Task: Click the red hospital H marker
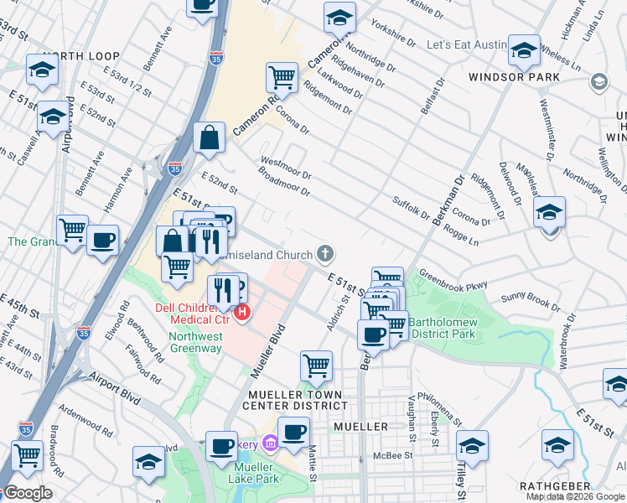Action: click(x=243, y=314)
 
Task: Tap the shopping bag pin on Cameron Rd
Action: click(x=209, y=137)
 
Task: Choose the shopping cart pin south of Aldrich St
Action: click(x=316, y=366)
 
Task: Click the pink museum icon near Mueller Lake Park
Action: click(x=270, y=443)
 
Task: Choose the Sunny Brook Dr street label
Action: click(x=530, y=300)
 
